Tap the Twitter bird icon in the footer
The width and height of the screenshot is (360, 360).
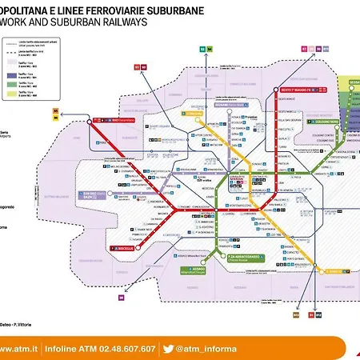(168, 326)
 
